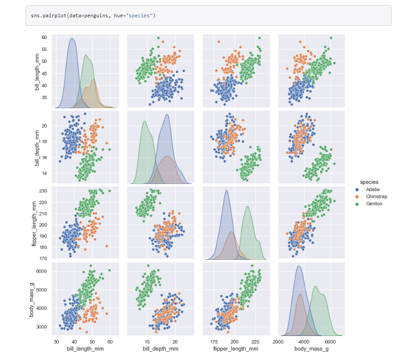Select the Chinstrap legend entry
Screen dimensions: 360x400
click(376, 196)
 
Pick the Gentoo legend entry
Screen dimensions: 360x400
click(374, 204)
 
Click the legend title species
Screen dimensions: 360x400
click(369, 182)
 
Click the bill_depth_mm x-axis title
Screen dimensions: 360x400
click(161, 349)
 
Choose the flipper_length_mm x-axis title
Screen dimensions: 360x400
click(236, 349)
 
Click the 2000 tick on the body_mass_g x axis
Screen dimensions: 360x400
click(278, 342)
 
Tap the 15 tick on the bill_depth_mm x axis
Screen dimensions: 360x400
click(147, 342)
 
